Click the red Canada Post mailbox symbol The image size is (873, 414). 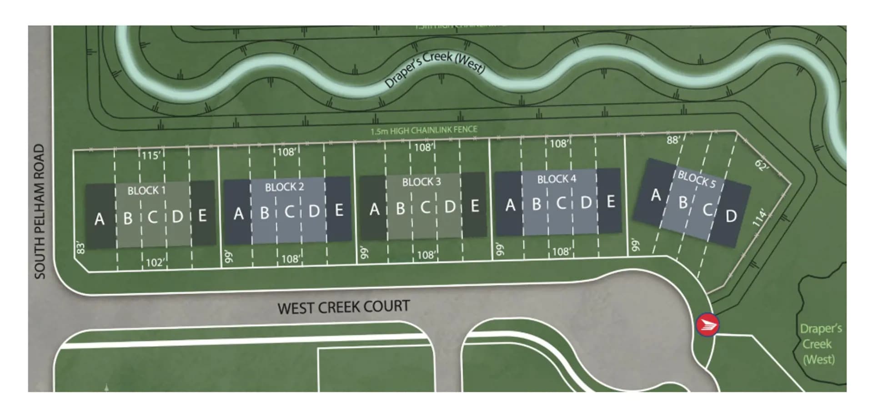click(707, 325)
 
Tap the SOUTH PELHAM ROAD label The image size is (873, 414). click(40, 211)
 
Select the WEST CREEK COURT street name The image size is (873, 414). click(343, 307)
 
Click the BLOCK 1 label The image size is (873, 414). click(146, 190)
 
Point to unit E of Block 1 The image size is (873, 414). click(202, 215)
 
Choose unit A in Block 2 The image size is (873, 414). click(238, 213)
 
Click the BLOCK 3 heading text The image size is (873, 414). click(421, 182)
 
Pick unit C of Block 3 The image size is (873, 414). click(425, 207)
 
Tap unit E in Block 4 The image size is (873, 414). click(611, 201)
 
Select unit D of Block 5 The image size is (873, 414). click(731, 216)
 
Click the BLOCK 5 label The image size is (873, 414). click(697, 179)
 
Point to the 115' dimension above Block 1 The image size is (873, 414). click(151, 156)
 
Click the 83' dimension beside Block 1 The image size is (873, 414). click(80, 247)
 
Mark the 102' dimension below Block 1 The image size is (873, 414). click(155, 263)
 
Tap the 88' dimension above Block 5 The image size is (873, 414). click(673, 140)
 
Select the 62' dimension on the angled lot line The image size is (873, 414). click(762, 165)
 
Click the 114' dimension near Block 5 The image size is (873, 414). click(759, 218)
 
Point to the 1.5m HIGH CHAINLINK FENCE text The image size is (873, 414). click(423, 131)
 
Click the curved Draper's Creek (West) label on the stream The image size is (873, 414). click(434, 68)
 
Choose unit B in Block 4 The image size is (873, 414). click(537, 204)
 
